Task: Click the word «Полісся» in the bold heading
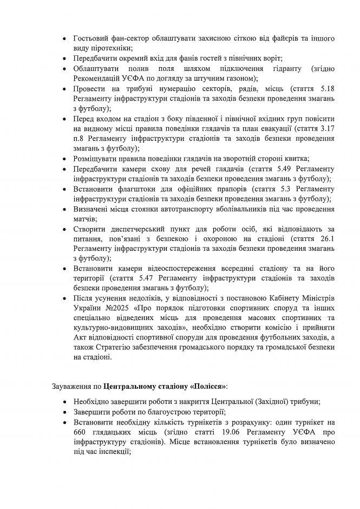pyautogui.click(x=210, y=388)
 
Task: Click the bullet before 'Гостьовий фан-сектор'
pyautogui.click(x=65, y=40)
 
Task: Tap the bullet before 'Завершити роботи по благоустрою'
pyautogui.click(x=65, y=413)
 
